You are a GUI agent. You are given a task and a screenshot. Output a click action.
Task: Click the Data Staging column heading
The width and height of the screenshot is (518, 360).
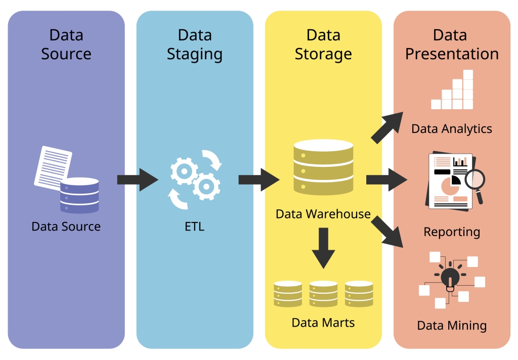tap(195, 44)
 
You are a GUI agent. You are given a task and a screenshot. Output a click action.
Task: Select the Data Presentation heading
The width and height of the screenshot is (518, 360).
tap(452, 44)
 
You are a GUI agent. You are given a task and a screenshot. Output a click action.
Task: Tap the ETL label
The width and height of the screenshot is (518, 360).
tap(195, 226)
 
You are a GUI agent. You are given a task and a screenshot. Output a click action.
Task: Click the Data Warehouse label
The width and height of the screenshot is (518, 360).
tap(323, 214)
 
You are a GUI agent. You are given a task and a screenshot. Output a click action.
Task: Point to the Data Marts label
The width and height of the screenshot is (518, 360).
tap(323, 322)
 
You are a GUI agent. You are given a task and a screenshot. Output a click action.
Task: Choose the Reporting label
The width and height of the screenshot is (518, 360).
tap(452, 232)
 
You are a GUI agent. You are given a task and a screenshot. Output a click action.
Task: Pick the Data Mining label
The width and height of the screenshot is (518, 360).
tap(452, 325)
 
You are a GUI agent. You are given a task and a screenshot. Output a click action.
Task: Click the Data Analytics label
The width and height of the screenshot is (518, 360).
tap(452, 128)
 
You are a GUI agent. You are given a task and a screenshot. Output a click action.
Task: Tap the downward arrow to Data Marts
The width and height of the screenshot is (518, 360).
tap(323, 247)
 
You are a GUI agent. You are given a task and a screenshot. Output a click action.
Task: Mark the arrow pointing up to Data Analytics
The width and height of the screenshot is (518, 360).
tap(387, 127)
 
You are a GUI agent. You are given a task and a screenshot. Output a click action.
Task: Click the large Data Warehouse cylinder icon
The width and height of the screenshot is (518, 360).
tap(323, 166)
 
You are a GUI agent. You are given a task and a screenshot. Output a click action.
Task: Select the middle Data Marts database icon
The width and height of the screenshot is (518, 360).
tap(323, 294)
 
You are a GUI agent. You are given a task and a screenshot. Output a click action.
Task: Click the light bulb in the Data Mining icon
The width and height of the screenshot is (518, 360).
tap(449, 277)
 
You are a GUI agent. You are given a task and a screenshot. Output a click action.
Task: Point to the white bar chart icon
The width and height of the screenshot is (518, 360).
tap(453, 91)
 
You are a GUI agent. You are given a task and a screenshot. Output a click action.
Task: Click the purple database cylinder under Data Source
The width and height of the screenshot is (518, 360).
tap(79, 195)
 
